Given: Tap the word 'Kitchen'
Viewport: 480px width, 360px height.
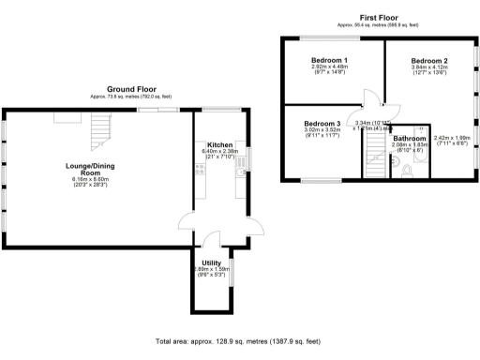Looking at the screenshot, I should tap(220, 144).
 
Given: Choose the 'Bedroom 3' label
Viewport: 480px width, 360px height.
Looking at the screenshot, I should tap(322, 123).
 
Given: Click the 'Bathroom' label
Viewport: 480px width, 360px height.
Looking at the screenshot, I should tap(410, 138).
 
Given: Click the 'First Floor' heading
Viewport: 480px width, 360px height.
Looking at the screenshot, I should tap(381, 16).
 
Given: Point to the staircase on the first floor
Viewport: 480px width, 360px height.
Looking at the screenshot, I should tap(376, 150).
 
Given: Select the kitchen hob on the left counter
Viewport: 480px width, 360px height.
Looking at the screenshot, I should tap(199, 170).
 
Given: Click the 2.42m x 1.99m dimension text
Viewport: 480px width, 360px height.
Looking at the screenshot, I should tap(452, 139).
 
